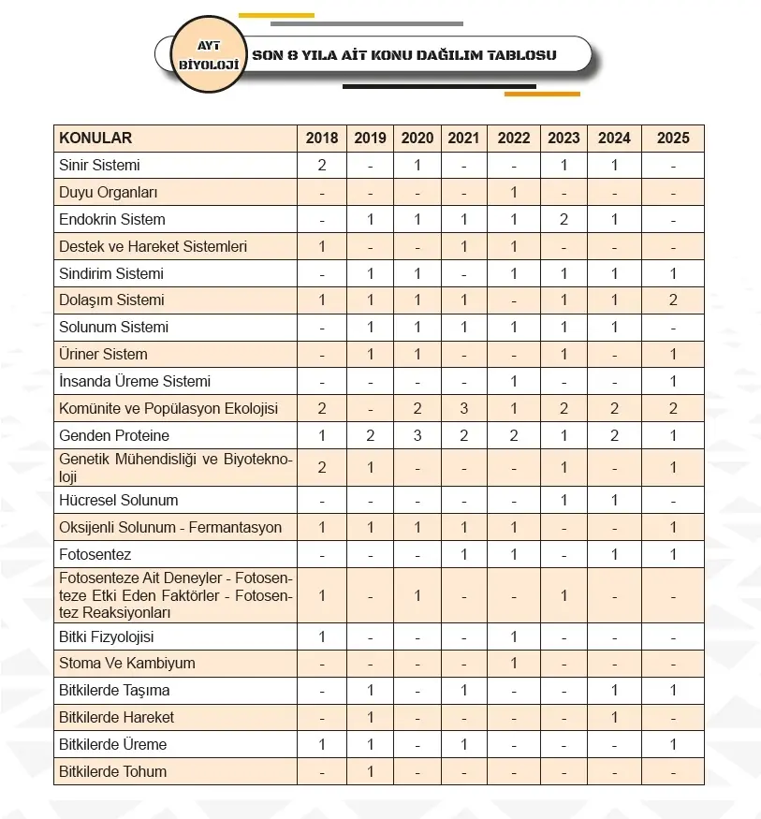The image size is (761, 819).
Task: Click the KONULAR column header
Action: [95, 139]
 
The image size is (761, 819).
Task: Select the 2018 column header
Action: [322, 139]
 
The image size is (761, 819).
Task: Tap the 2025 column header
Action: [673, 139]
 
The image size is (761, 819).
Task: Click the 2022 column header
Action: [514, 139]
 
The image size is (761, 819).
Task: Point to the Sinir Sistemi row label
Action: [99, 166]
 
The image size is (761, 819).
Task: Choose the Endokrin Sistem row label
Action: [111, 220]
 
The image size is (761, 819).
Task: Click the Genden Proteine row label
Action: [114, 436]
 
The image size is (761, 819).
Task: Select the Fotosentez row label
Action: [95, 554]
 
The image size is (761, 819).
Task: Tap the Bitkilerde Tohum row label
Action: [112, 772]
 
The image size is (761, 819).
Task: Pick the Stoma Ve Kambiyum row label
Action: [126, 664]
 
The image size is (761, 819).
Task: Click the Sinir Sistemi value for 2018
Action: [322, 166]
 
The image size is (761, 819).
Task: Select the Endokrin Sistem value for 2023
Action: [563, 220]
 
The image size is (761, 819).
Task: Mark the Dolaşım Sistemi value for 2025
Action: [673, 300]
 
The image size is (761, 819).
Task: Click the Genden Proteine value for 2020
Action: [417, 436]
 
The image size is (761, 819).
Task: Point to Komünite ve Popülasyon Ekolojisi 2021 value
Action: [464, 409]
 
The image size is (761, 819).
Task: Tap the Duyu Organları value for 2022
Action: [514, 193]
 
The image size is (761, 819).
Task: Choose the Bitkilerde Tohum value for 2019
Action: [371, 772]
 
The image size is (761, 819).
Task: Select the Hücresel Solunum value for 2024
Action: [614, 501]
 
